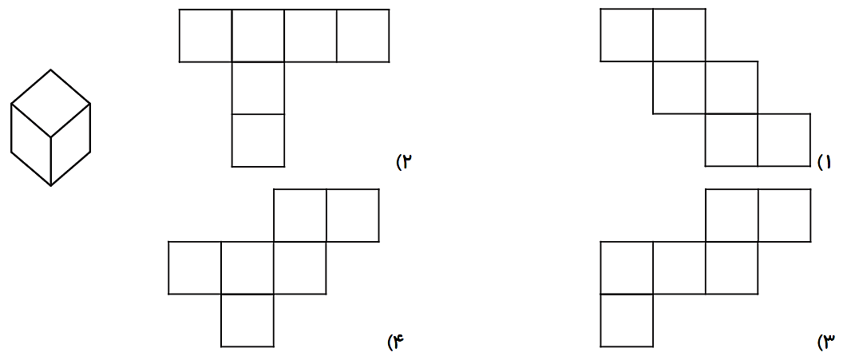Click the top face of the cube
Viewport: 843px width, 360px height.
tap(50, 103)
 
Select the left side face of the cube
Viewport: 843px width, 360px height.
tap(31, 144)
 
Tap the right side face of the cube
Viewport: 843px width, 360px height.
tap(70, 144)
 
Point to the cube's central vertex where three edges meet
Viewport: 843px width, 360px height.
tap(50, 136)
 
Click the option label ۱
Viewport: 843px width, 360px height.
tap(825, 163)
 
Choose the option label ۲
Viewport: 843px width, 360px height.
tap(405, 163)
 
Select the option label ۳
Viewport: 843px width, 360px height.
tap(825, 342)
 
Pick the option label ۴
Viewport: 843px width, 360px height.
tap(397, 342)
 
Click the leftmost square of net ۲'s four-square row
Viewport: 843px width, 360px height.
tap(205, 35)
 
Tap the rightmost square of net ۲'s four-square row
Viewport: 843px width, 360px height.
tap(362, 35)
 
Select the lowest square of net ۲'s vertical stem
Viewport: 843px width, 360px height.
tap(258, 140)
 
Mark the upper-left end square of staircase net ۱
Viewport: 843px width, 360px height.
tap(627, 35)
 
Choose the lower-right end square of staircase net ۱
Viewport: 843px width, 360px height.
tap(784, 140)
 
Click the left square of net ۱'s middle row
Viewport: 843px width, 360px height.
tap(679, 88)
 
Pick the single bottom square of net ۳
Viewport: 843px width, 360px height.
tap(627, 320)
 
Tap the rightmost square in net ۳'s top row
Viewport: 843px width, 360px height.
tap(784, 215)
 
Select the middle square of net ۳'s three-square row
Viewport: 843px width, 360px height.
tap(679, 267)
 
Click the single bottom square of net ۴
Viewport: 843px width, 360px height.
tap(247, 320)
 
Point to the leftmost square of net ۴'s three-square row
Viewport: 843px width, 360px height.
tap(195, 267)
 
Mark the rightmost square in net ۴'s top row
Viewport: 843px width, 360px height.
tap(352, 215)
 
